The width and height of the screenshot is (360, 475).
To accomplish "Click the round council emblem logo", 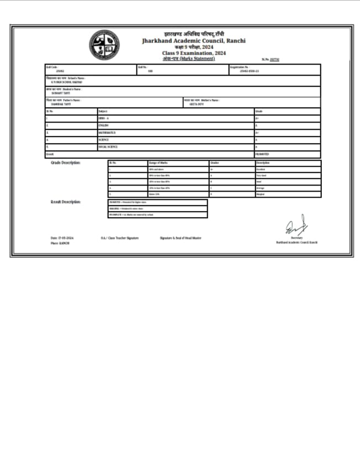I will pos(104,45).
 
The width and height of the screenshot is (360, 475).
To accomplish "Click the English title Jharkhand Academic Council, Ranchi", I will pos(193,41).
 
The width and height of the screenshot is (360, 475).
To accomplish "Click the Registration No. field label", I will pos(239,67).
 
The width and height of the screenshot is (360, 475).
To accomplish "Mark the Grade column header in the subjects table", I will pos(258,111).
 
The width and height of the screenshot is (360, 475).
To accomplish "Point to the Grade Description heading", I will pos(66,163).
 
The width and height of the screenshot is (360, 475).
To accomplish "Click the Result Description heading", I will pos(66,202).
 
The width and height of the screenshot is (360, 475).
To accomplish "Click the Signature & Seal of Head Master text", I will pos(181,238).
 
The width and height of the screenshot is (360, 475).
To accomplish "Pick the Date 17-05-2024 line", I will pos(62,238).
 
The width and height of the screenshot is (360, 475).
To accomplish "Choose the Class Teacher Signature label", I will pos(119,238).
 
